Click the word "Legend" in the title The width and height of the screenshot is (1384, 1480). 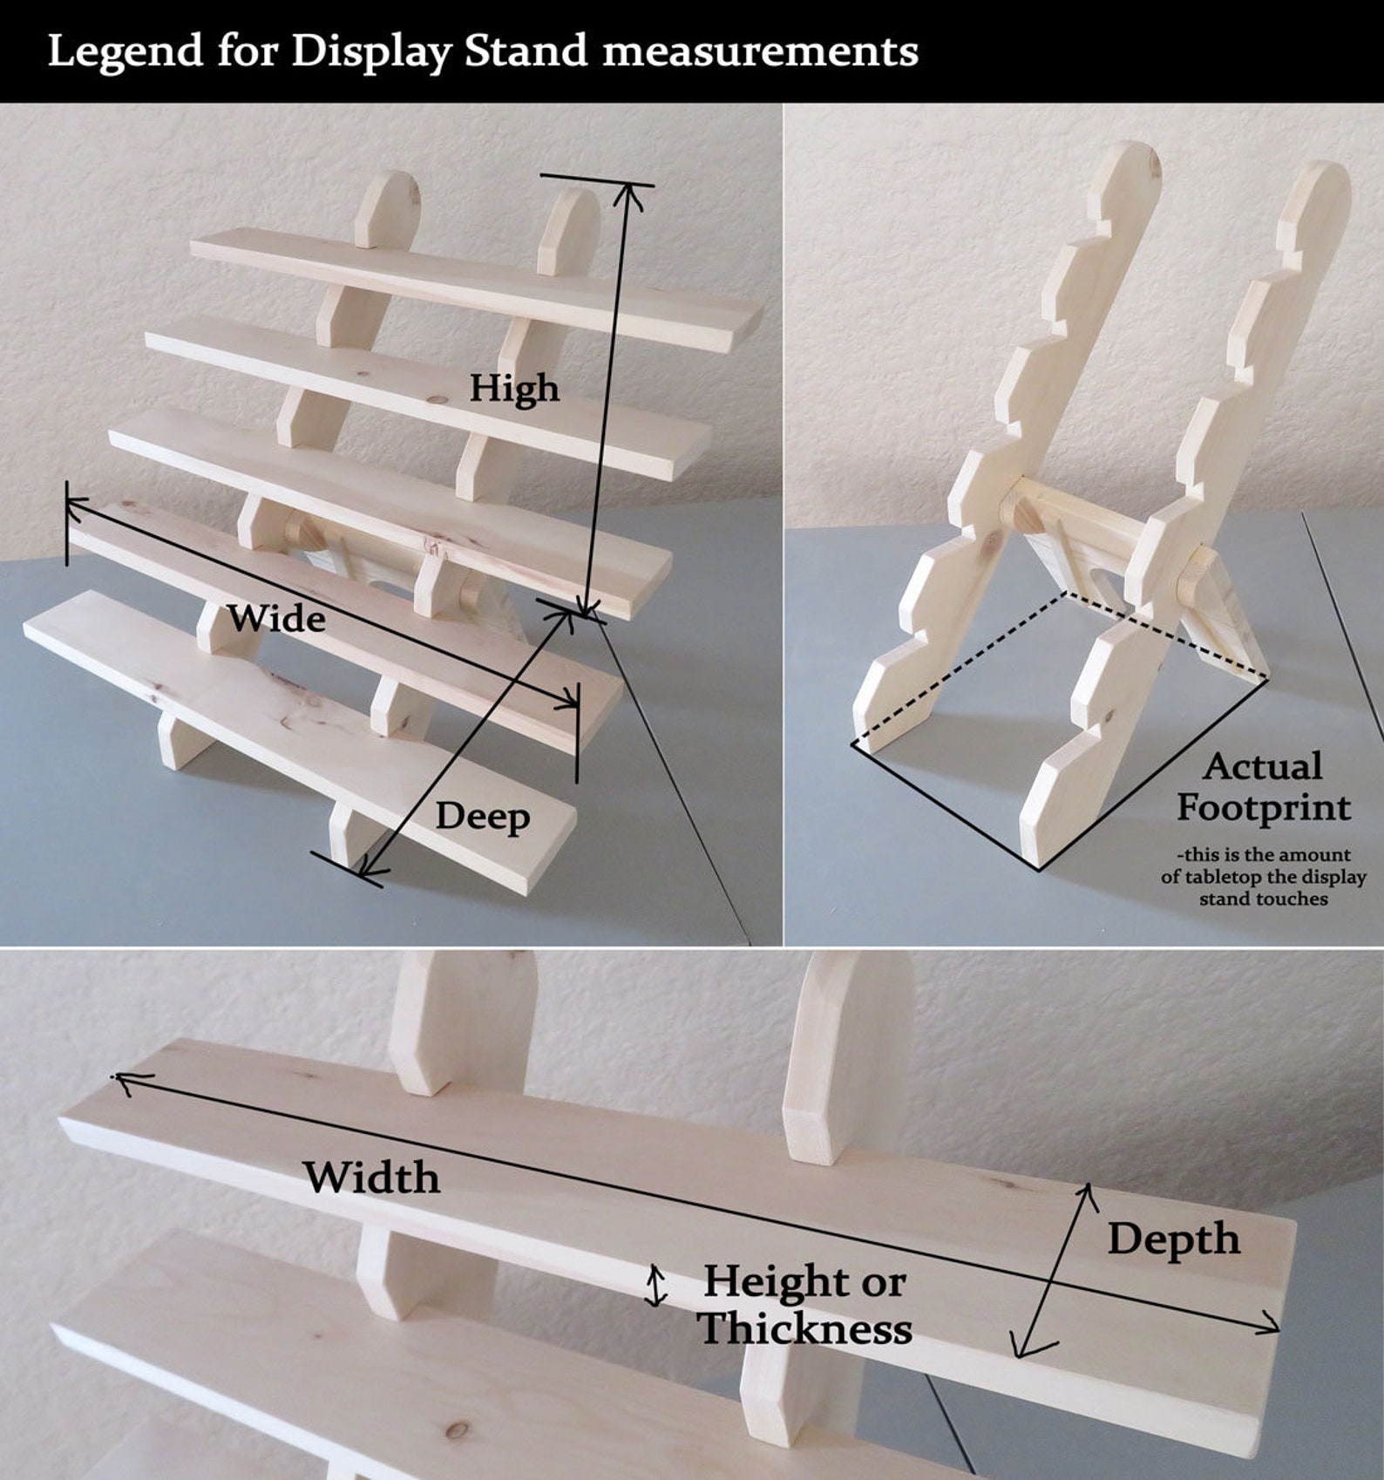click(125, 52)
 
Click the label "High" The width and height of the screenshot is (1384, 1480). click(514, 388)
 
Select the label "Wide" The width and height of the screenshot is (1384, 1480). click(277, 618)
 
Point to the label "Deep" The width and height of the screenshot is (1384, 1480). click(482, 817)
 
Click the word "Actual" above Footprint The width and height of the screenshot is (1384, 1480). click(1263, 766)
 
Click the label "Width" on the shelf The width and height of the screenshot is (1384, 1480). click(371, 1178)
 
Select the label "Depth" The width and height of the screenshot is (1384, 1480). click(1173, 1239)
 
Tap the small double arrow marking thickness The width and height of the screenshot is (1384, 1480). click(655, 1286)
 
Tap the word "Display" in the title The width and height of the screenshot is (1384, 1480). click(371, 52)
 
